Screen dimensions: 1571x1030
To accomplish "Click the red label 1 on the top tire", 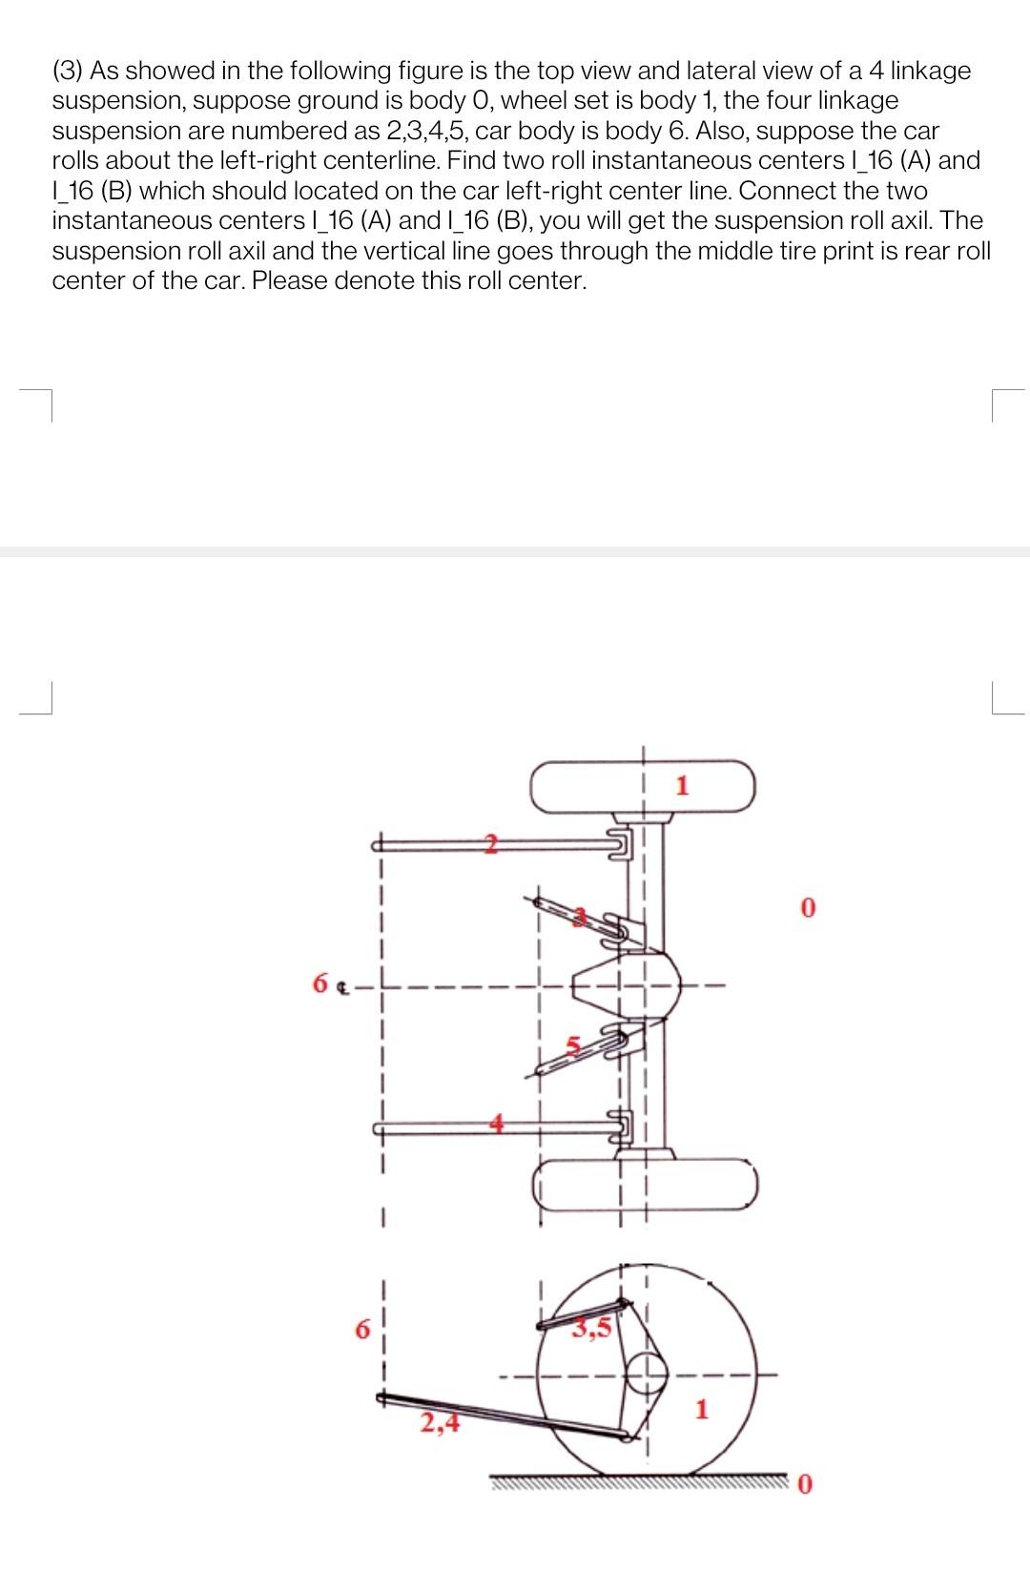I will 681,786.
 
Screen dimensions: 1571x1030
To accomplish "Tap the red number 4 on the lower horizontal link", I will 496,1124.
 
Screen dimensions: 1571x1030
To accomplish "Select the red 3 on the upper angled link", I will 579,917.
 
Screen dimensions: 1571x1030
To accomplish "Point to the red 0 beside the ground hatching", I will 807,1512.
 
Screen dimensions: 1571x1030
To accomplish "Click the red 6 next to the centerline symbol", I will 321,982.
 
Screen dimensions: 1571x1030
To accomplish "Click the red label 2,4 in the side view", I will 440,1424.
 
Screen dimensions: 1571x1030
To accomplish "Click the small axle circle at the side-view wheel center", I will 646,1374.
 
